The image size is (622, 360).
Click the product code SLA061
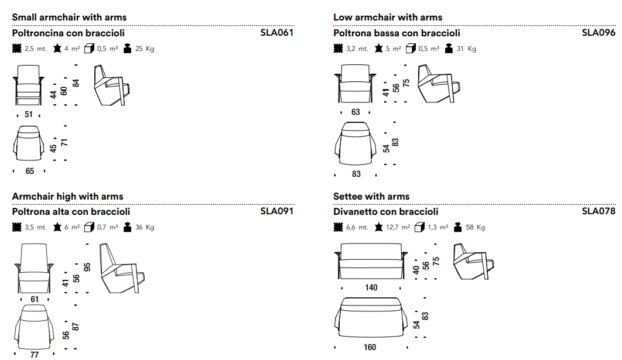(276, 33)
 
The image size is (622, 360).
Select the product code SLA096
(599, 33)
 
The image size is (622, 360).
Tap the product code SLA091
(276, 211)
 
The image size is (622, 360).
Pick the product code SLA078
(599, 211)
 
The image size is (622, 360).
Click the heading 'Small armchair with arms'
(69, 18)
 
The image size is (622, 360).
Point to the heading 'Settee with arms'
(371, 196)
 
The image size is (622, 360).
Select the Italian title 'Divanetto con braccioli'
(385, 211)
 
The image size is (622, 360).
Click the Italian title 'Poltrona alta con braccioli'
(71, 211)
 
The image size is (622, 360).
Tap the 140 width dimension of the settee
(371, 287)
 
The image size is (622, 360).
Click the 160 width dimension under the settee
(370, 347)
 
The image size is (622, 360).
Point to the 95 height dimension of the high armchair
(87, 267)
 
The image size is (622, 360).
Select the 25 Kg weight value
(145, 49)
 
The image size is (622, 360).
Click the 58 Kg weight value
(475, 227)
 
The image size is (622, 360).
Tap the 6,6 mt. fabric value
(357, 227)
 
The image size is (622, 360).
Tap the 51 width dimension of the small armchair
(29, 115)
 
